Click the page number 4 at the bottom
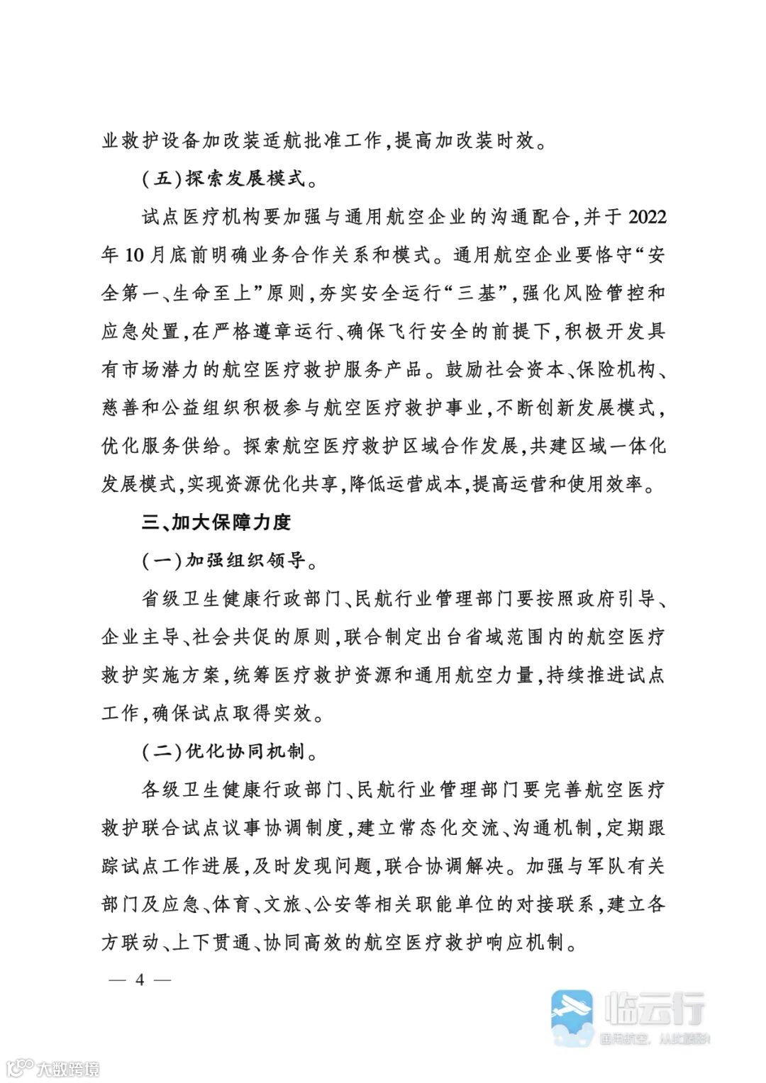pyautogui.click(x=140, y=980)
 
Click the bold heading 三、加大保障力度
pyautogui.click(x=216, y=522)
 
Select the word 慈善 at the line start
pyautogui.click(x=121, y=408)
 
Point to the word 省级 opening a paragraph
pyautogui.click(x=161, y=599)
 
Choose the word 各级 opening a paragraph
pyautogui.click(x=161, y=790)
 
